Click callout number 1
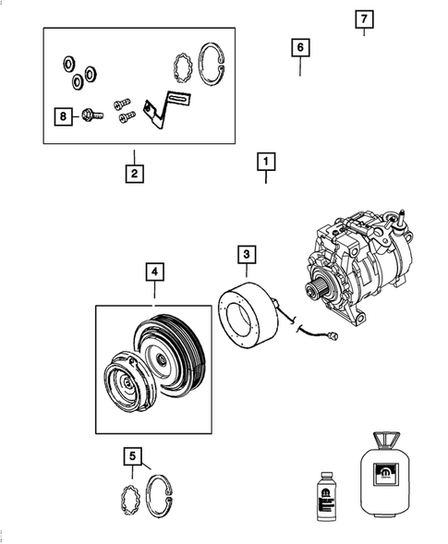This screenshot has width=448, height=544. point(265,163)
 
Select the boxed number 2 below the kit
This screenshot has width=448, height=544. point(134,172)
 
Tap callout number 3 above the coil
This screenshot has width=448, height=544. point(248,253)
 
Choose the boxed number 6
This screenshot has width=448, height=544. point(299,47)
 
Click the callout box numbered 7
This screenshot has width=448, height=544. point(364,19)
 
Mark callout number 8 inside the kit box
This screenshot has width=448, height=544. point(63,116)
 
